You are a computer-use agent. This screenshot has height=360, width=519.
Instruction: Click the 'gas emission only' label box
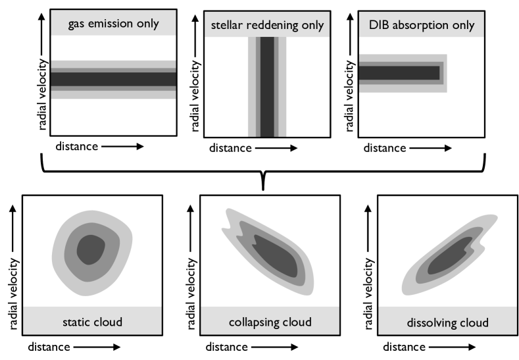[114, 24]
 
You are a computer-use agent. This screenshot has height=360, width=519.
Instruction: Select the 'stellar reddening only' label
[267, 26]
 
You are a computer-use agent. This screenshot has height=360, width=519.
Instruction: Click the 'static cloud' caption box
[92, 321]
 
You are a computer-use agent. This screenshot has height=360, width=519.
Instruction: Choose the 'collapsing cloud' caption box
[270, 321]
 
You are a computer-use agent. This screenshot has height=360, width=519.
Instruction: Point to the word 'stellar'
[226, 26]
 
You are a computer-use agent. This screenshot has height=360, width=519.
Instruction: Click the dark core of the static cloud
[91, 249]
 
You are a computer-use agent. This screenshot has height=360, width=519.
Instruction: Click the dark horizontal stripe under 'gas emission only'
[114, 79]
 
